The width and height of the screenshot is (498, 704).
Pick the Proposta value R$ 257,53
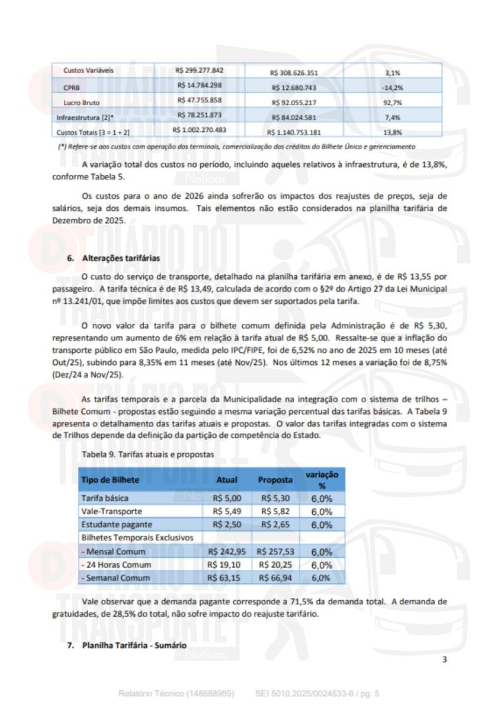[x=275, y=551]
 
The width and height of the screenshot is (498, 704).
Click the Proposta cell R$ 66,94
[x=275, y=578]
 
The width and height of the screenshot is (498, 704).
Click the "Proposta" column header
[x=275, y=479]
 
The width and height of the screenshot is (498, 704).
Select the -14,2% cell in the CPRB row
[x=393, y=88]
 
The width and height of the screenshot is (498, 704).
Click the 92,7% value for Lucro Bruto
[x=393, y=102]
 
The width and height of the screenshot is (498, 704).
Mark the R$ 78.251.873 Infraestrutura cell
[x=199, y=115]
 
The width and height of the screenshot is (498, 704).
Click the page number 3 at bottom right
[x=444, y=660]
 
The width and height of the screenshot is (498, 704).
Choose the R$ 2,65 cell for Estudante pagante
[x=275, y=525]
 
